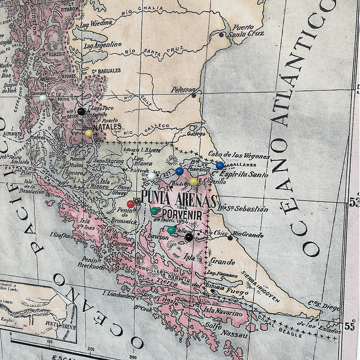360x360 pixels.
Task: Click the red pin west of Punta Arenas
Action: click(x=131, y=204)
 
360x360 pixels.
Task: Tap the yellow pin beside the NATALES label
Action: click(x=89, y=133)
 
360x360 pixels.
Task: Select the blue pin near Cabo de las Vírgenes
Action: click(x=220, y=166)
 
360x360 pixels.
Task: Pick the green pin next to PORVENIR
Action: click(x=154, y=211)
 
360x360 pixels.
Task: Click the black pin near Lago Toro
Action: click(x=81, y=112)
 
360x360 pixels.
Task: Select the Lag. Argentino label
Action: click(x=103, y=45)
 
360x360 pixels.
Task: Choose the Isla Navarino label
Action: click(x=223, y=312)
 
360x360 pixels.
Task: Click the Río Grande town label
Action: click(x=248, y=234)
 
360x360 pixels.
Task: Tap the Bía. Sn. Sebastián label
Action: click(x=243, y=209)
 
